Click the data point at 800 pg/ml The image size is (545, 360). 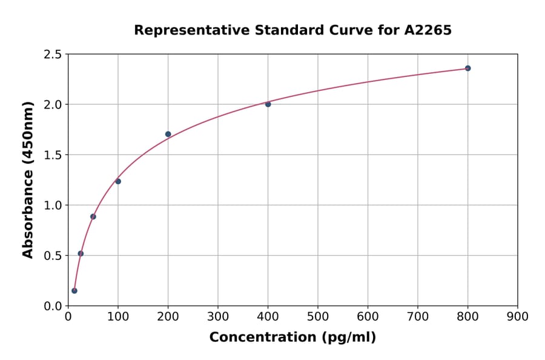pyautogui.click(x=467, y=68)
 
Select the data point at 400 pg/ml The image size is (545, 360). pyautogui.click(x=268, y=104)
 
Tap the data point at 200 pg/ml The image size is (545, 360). pyautogui.click(x=168, y=134)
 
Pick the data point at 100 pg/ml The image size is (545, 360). pyautogui.click(x=118, y=181)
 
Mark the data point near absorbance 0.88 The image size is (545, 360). pyautogui.click(x=93, y=216)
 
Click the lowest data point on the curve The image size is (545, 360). pyautogui.click(x=74, y=290)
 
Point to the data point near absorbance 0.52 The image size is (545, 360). pyautogui.click(x=81, y=253)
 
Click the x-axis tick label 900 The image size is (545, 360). pyautogui.click(x=517, y=316)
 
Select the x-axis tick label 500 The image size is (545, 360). pyautogui.click(x=317, y=316)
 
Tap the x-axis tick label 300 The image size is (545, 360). pyautogui.click(x=217, y=316)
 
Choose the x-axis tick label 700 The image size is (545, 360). pyautogui.click(x=417, y=316)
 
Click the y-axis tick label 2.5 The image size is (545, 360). pyautogui.click(x=53, y=55)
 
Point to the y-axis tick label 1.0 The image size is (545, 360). pyautogui.click(x=53, y=205)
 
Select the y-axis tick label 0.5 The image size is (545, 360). pyautogui.click(x=53, y=256)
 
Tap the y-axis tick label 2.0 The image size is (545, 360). pyautogui.click(x=53, y=105)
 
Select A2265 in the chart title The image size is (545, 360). pyautogui.click(x=428, y=30)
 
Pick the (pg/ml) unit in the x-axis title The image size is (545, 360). pyautogui.click(x=348, y=338)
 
